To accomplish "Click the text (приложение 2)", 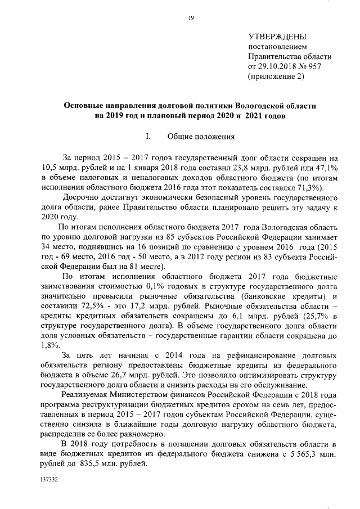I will pyautogui.click(x=277, y=76).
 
